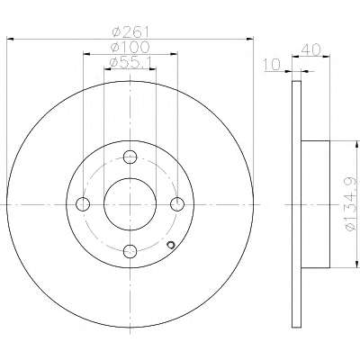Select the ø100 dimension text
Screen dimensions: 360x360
[130, 48]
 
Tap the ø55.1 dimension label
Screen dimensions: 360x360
[130, 62]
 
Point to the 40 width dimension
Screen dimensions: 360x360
[310, 49]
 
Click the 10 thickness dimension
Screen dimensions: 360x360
[272, 65]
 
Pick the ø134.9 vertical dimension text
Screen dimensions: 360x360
[351, 204]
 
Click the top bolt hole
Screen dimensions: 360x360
[130, 157]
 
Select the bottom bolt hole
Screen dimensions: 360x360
[130, 251]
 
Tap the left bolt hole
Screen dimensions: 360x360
[83, 204]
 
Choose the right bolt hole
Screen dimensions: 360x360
[177, 204]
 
